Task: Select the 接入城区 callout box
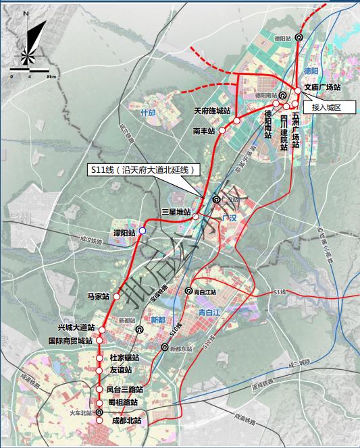328,107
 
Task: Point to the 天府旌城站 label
212,111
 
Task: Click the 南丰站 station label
203,131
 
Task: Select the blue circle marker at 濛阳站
143,231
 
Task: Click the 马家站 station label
98,296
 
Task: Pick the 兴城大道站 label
76,327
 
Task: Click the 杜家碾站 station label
124,358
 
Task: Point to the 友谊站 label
120,370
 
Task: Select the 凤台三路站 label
125,390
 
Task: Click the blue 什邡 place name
148,113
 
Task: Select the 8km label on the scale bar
51,78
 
